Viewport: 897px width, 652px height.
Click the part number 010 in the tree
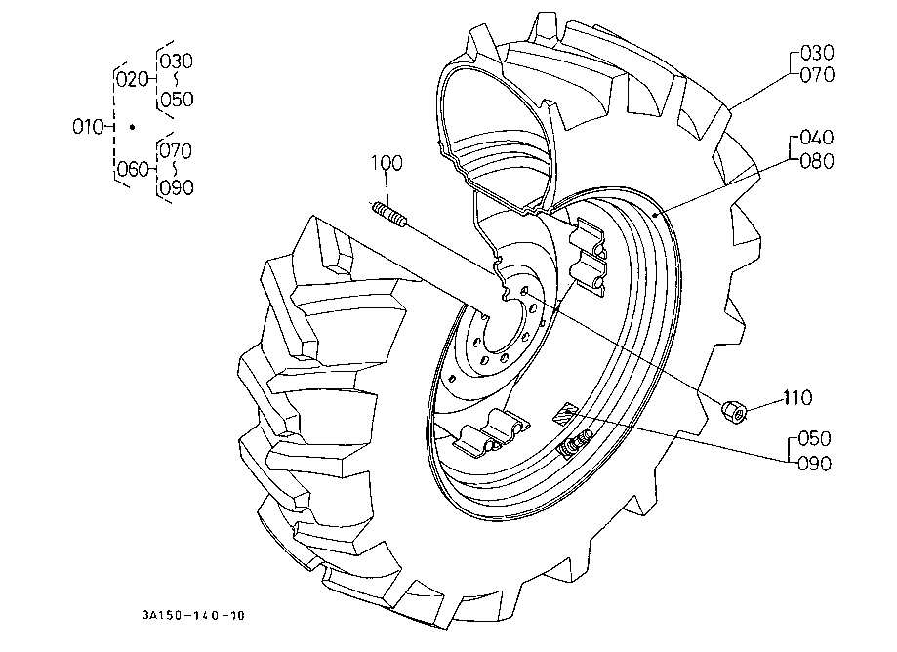pyautogui.click(x=87, y=126)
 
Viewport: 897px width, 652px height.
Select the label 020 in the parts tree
pyautogui.click(x=132, y=79)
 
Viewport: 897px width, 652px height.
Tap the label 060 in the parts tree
pyautogui.click(x=133, y=169)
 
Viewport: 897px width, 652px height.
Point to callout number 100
pyautogui.click(x=387, y=163)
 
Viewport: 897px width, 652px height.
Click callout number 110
pyautogui.click(x=797, y=397)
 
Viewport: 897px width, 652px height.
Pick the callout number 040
pyautogui.click(x=816, y=138)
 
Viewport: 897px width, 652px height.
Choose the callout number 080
pyautogui.click(x=816, y=161)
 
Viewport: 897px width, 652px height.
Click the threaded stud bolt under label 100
pyautogui.click(x=389, y=215)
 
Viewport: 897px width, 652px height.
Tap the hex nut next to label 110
pyautogui.click(x=733, y=411)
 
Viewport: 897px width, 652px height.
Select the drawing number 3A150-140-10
pyautogui.click(x=193, y=615)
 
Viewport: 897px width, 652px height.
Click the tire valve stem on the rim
pyautogui.click(x=574, y=443)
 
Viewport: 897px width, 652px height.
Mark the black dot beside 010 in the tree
pyautogui.click(x=132, y=127)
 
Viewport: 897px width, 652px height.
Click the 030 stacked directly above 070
pyautogui.click(x=817, y=53)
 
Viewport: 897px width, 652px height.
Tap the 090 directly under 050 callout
pyautogui.click(x=814, y=463)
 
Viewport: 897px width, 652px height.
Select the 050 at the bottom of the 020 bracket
pyautogui.click(x=177, y=100)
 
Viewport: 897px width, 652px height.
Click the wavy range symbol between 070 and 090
pyautogui.click(x=175, y=169)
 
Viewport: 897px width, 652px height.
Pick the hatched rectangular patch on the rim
pyautogui.click(x=565, y=412)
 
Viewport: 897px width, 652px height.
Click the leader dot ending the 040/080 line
pyautogui.click(x=657, y=214)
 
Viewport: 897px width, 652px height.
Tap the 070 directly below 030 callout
pyautogui.click(x=817, y=75)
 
